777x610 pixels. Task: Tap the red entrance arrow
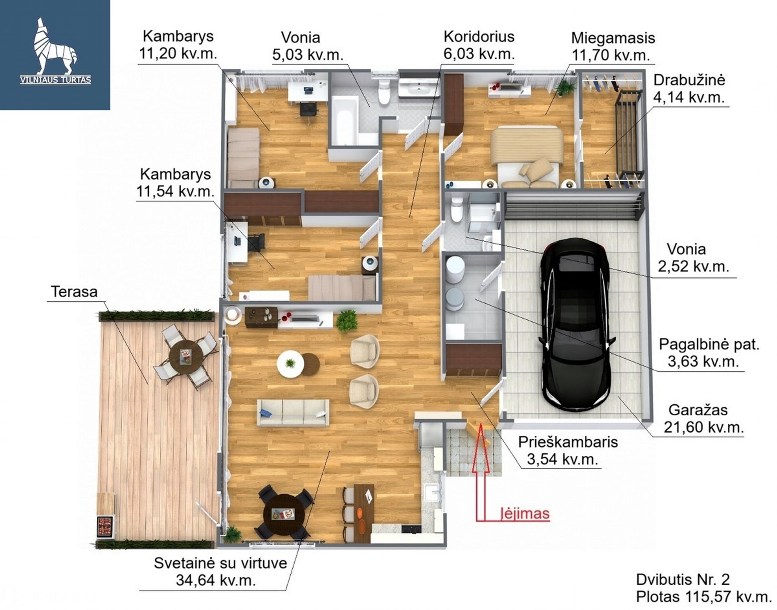coord(481,470)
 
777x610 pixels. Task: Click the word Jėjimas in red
coord(525,514)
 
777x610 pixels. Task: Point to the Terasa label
coord(74,292)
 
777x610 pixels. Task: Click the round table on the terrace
coord(186,357)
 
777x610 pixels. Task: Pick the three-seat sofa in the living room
coord(293,413)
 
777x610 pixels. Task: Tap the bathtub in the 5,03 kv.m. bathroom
coord(344,121)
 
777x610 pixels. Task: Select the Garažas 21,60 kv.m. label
coord(703,418)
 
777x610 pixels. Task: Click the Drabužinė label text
coord(689,80)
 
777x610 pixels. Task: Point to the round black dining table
coord(284,513)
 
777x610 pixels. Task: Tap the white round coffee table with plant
coord(290,363)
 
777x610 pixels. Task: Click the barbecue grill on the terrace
coord(105,527)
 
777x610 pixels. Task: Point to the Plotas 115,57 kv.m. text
coord(703,597)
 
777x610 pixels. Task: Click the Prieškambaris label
coord(568,442)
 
